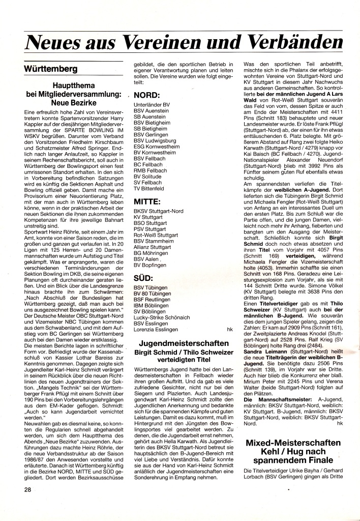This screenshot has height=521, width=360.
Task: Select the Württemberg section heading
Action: pos(50,69)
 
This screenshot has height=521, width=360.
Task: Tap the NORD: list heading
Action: pos(147,95)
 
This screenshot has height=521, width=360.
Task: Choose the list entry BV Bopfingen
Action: pos(150,265)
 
